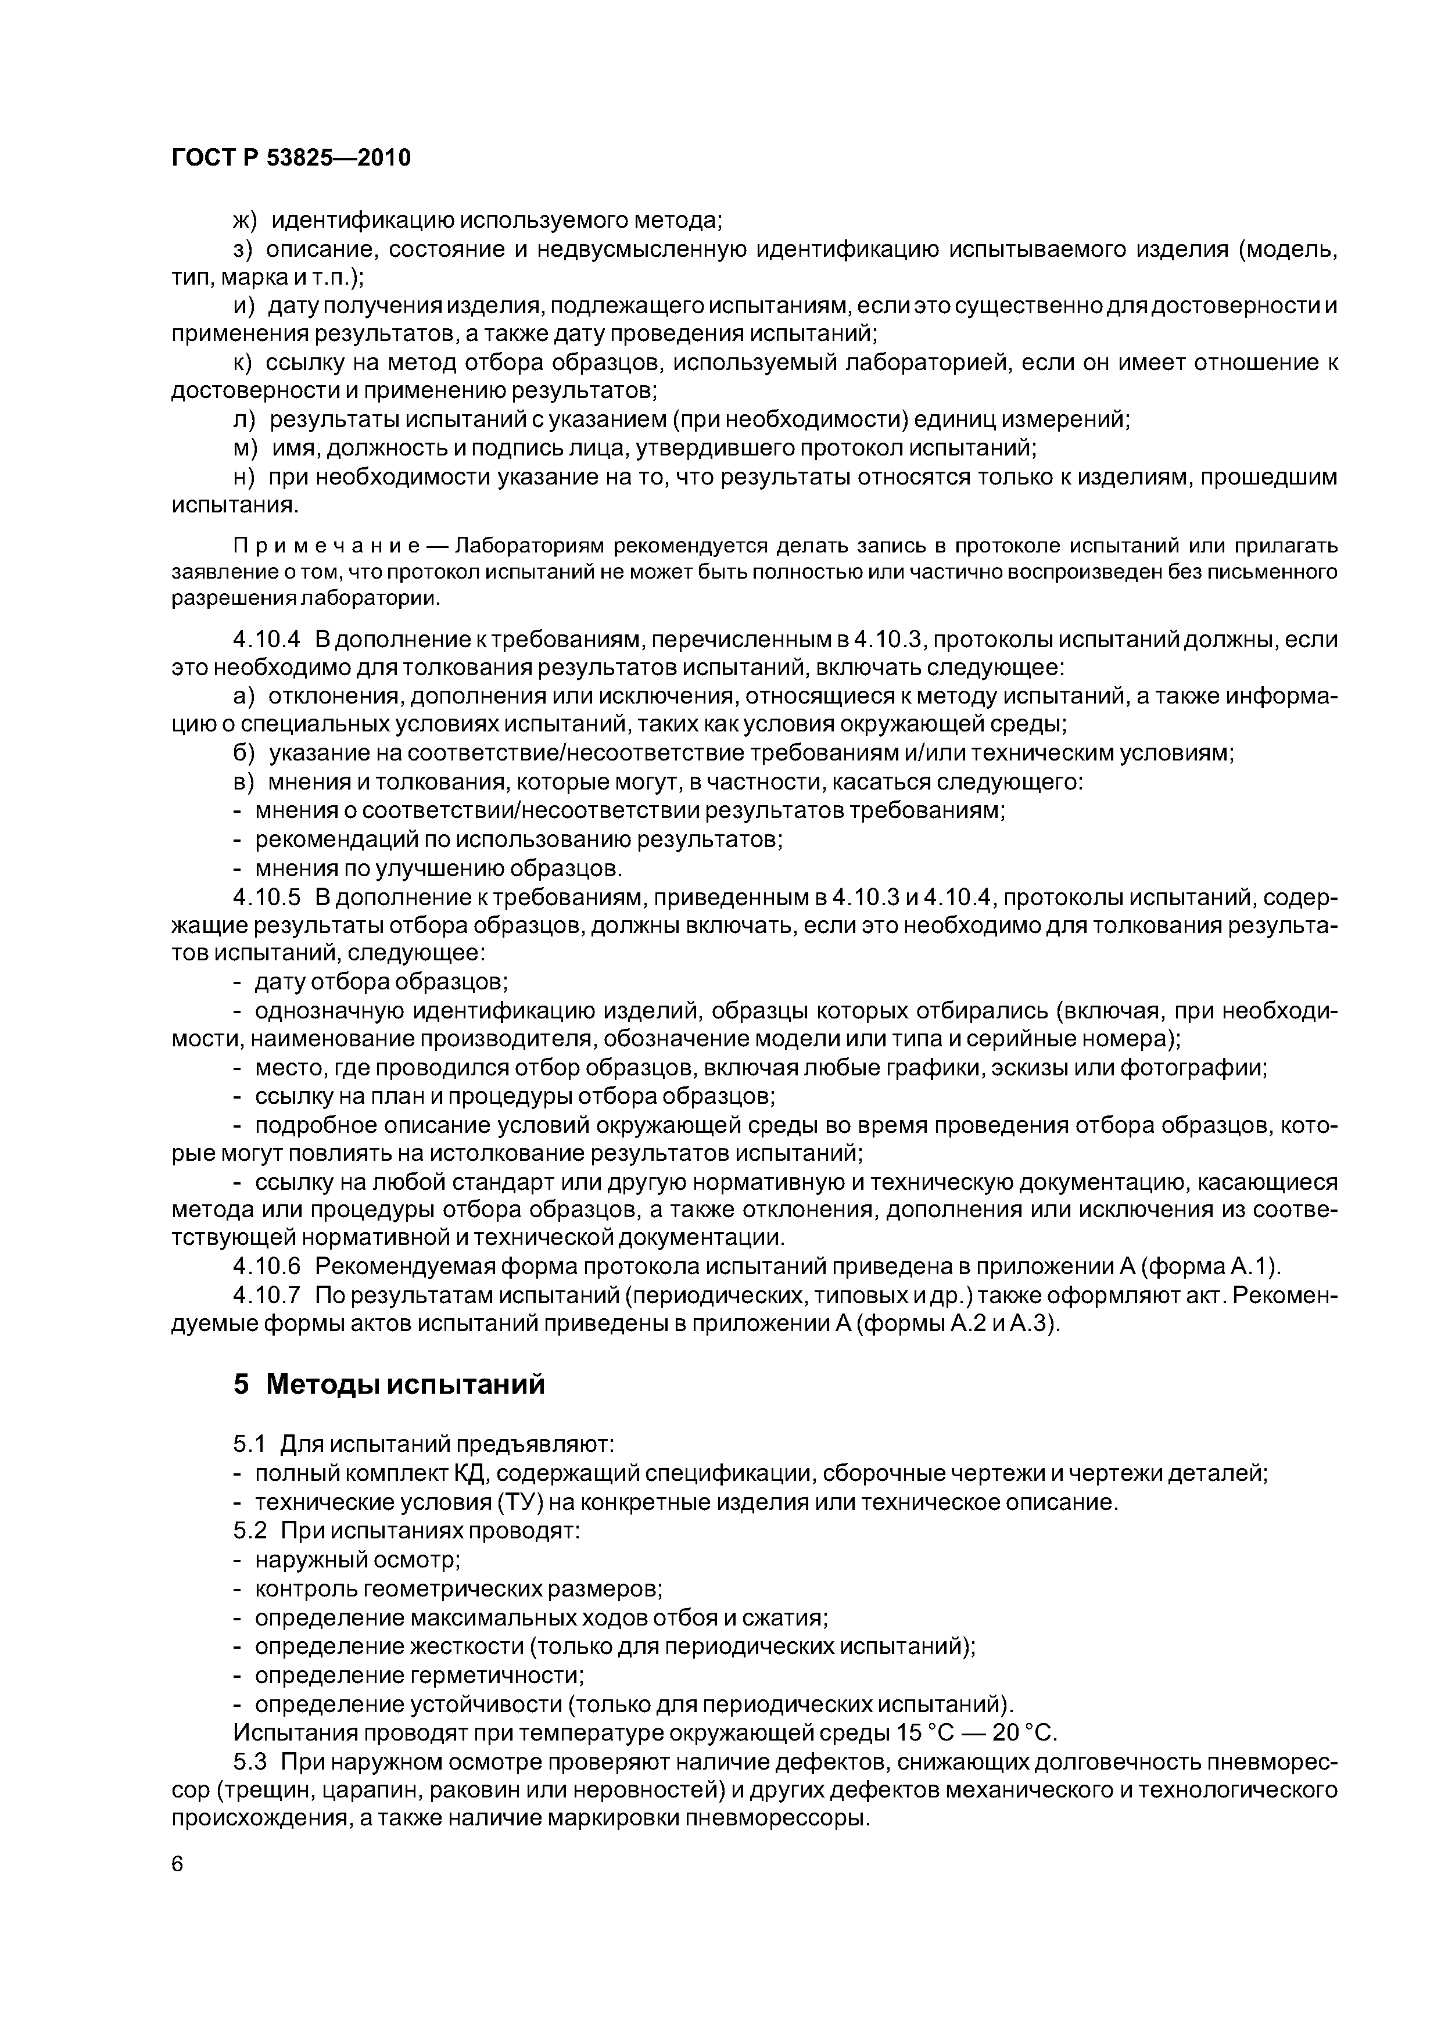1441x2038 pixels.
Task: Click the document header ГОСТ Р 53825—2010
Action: tap(291, 158)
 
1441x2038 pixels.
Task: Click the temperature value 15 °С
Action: tap(932, 1732)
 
